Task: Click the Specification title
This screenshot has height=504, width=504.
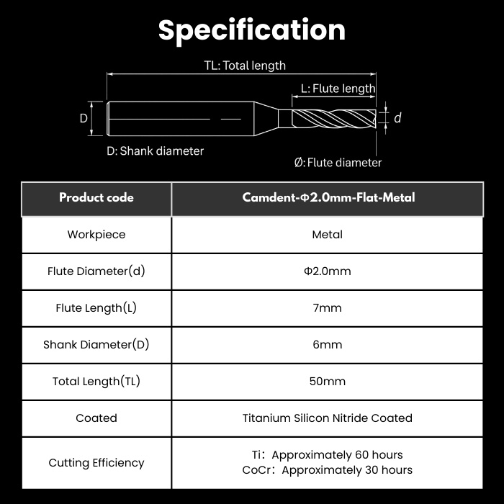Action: click(x=252, y=30)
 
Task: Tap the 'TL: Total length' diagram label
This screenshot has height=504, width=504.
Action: click(x=245, y=66)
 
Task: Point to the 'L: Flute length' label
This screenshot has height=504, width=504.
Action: click(x=338, y=89)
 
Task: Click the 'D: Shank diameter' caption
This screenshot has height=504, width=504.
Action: click(x=156, y=151)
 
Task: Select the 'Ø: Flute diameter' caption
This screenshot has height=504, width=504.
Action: click(x=338, y=163)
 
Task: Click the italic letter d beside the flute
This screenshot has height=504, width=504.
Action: click(x=397, y=118)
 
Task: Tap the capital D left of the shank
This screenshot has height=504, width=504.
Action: click(x=84, y=119)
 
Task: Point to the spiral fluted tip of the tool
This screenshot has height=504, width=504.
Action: click(x=334, y=119)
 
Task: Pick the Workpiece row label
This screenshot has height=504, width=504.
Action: click(x=96, y=235)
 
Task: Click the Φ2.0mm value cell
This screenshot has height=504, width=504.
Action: click(x=328, y=271)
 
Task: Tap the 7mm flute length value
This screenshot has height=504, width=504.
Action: click(x=327, y=308)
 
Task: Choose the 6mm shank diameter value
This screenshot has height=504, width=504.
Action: click(x=327, y=345)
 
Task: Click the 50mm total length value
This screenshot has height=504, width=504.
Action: click(x=327, y=381)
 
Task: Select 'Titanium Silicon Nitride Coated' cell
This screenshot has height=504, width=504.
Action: click(x=328, y=418)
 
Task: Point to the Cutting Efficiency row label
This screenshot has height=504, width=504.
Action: click(x=96, y=463)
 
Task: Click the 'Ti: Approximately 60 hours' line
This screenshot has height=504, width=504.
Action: click(x=327, y=455)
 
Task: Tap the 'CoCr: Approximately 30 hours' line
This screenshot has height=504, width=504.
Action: click(x=327, y=470)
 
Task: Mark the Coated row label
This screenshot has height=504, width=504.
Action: click(x=96, y=418)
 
